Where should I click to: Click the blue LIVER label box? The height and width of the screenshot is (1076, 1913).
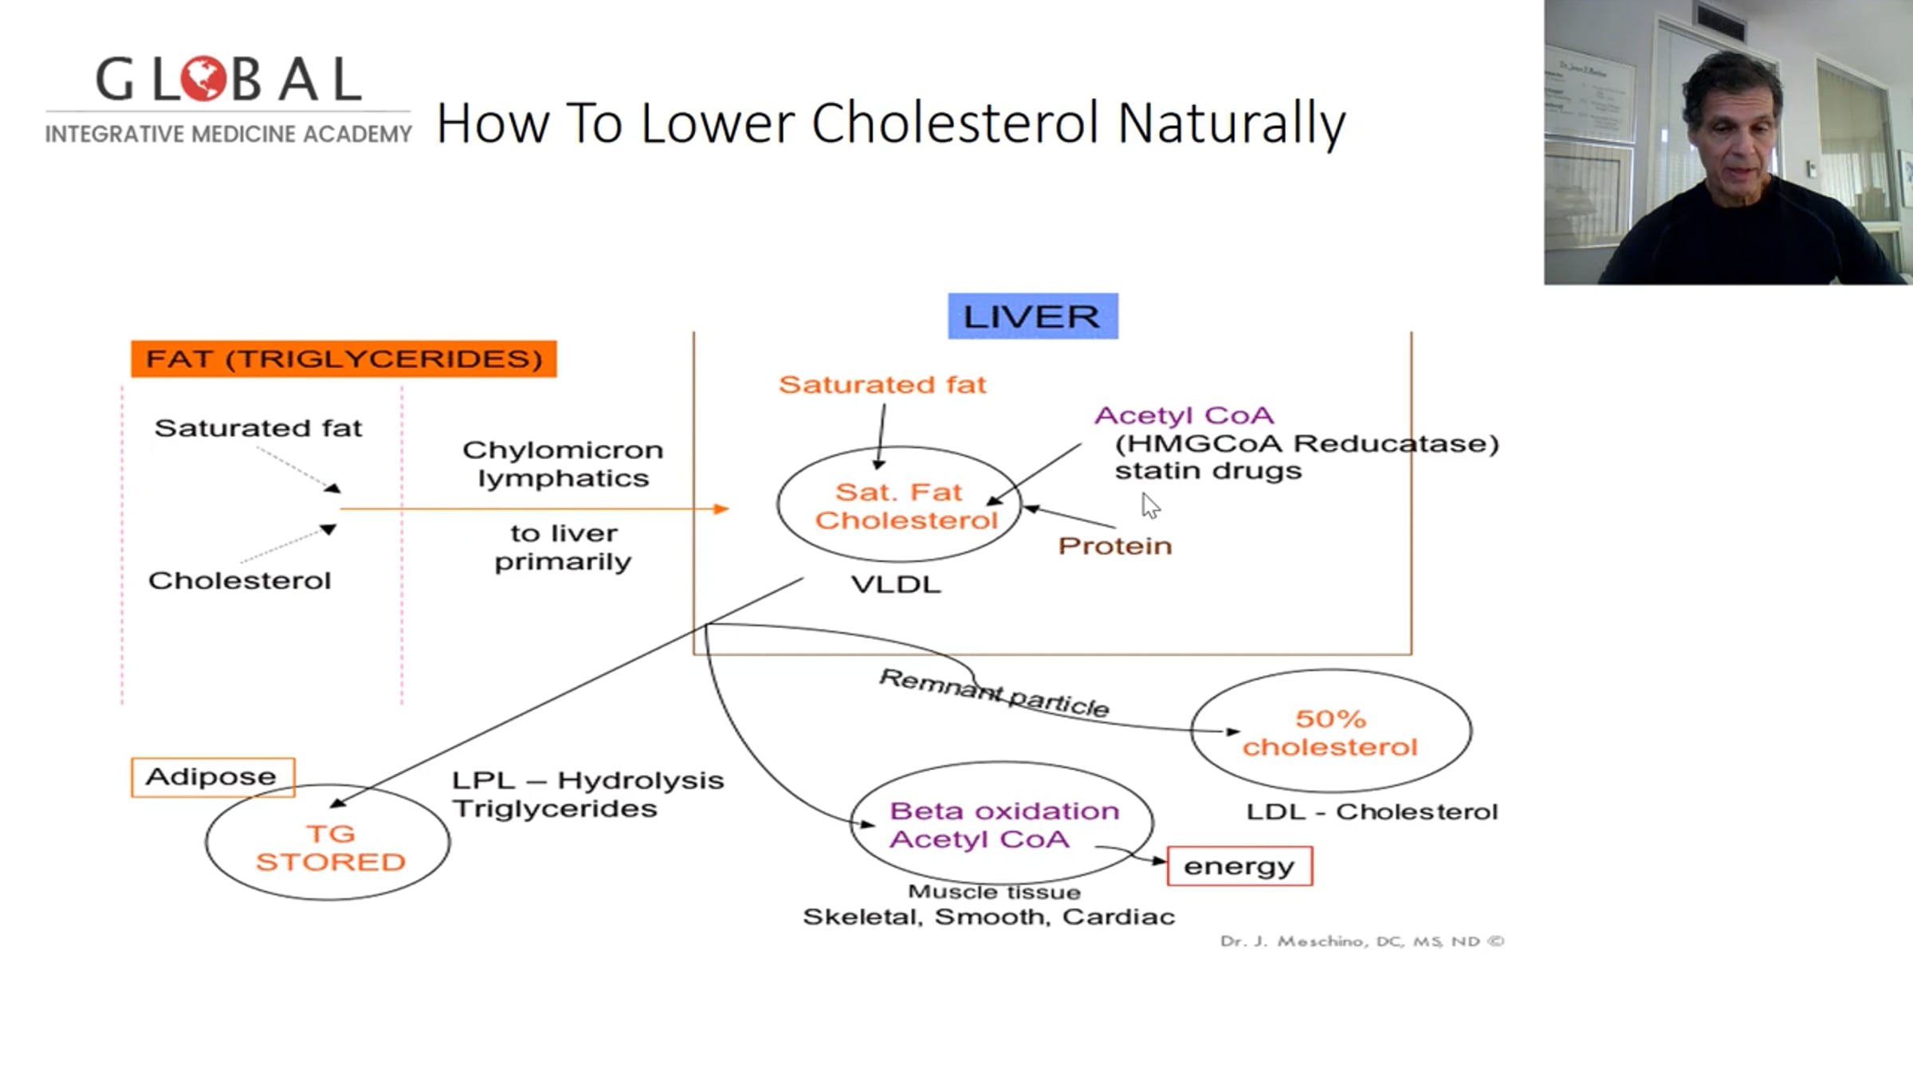point(1032,316)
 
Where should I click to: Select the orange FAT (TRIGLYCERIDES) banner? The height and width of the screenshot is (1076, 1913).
point(344,359)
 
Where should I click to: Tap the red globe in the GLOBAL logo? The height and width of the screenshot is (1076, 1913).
point(204,79)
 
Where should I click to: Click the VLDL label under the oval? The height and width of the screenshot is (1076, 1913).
point(896,584)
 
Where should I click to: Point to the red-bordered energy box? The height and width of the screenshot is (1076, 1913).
point(1239,866)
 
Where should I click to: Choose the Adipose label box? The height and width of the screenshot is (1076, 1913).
point(212,777)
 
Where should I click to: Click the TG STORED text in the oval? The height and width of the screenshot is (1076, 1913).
point(330,848)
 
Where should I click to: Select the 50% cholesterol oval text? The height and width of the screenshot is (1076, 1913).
point(1330,732)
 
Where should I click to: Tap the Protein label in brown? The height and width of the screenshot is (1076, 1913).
point(1114,546)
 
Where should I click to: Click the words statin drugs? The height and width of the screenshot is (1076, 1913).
point(1208,471)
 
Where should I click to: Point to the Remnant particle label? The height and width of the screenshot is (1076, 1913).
point(993,692)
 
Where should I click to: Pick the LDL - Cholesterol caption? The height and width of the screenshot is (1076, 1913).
point(1372,812)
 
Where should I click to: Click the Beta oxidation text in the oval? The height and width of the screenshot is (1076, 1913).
point(1004,811)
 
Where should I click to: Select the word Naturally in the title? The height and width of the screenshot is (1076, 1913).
point(1231,124)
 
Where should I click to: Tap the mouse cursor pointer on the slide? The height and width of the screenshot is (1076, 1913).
point(1149,505)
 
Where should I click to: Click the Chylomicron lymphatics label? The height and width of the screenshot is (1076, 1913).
point(563,464)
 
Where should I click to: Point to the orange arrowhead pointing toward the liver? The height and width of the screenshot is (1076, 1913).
point(721,509)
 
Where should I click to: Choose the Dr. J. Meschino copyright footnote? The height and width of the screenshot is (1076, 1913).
point(1361,941)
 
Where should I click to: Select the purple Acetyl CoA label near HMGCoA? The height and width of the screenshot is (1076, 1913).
point(1184,415)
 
